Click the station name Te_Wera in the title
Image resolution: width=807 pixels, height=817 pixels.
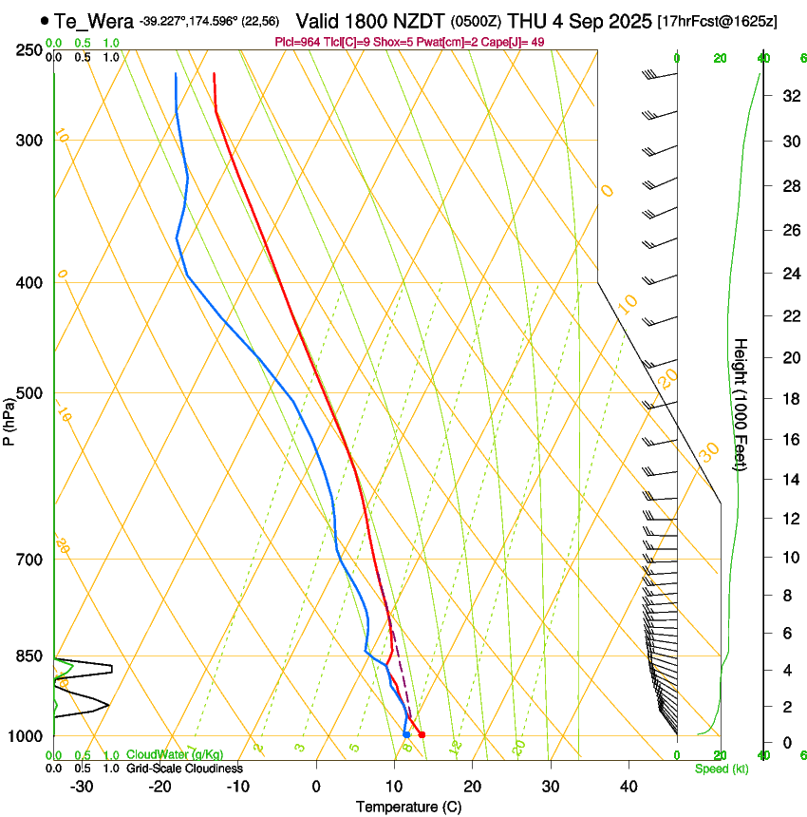(x=94, y=20)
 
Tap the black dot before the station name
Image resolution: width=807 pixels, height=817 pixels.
(x=45, y=20)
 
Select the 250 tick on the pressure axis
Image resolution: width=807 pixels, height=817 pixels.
(x=30, y=49)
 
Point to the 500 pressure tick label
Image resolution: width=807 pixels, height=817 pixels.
(x=30, y=393)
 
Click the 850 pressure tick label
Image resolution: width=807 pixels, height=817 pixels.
(x=30, y=656)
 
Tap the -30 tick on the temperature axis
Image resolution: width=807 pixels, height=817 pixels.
(x=82, y=787)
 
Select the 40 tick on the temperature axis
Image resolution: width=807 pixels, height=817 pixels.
(x=629, y=787)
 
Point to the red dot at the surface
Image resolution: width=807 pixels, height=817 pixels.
(x=422, y=734)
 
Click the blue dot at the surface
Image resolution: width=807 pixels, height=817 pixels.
(x=406, y=734)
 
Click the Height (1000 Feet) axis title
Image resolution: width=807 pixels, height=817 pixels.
(x=741, y=404)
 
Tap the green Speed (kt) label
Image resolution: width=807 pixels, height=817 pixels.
(x=722, y=769)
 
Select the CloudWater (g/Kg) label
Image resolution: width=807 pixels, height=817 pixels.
(x=174, y=754)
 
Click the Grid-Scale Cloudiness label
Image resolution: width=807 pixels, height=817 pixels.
(x=184, y=768)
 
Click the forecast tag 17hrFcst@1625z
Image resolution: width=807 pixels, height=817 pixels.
(x=717, y=21)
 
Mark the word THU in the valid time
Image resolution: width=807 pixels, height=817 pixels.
(x=531, y=20)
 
